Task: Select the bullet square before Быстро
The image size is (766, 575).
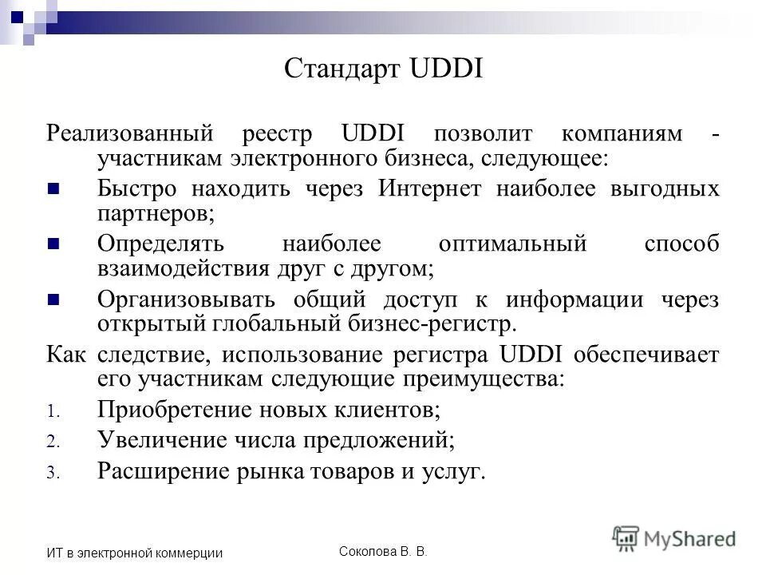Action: point(54,189)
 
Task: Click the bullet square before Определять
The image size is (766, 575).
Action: point(54,244)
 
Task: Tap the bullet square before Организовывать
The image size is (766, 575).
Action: point(54,299)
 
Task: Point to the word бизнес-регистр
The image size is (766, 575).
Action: point(433,324)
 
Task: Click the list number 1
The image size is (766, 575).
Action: point(52,413)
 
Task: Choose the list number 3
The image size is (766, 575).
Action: point(52,473)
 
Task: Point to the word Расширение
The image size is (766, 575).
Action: point(163,471)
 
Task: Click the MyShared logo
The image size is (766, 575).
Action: point(674,537)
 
